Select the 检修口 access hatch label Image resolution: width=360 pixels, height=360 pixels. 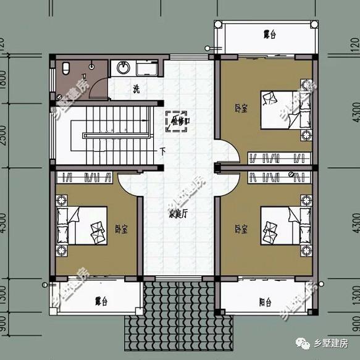click(x=178, y=122)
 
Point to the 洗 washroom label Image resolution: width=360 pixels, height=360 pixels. click(x=136, y=89)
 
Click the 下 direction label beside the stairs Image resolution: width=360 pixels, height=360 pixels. click(x=162, y=150)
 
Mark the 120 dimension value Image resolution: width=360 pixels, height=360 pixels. click(x=4, y=44)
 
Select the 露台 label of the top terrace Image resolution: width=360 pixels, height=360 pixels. click(x=269, y=35)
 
